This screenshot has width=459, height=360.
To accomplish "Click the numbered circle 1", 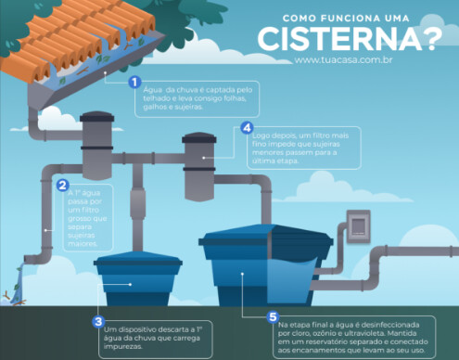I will pyautogui.click(x=134, y=82).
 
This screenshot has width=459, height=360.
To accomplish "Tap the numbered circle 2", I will pyautogui.click(x=63, y=185).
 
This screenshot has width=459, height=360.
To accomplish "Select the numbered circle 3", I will pyautogui.click(x=97, y=321).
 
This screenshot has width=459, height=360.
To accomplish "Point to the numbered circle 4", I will pyautogui.click(x=247, y=128).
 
